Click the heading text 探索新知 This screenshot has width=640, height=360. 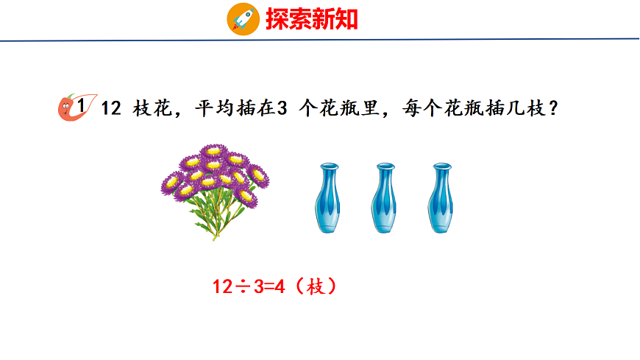[312, 19]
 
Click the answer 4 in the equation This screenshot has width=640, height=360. [280, 287]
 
